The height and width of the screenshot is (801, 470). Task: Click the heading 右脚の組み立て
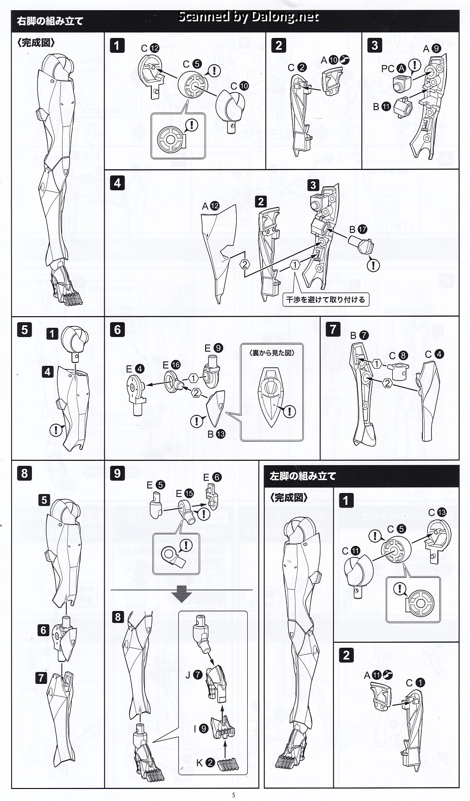(x=50, y=21)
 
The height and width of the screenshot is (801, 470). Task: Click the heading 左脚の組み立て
(x=303, y=476)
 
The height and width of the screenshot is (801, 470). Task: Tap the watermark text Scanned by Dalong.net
(x=249, y=17)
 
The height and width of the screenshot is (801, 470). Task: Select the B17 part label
(x=358, y=229)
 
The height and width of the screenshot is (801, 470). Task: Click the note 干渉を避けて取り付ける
(x=326, y=300)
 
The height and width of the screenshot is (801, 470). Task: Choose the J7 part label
(x=194, y=675)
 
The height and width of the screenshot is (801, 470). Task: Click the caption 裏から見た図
(x=272, y=352)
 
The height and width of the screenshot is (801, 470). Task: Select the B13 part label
(x=216, y=434)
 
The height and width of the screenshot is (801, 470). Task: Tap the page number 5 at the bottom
(x=234, y=795)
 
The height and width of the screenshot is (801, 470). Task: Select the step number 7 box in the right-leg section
(x=333, y=329)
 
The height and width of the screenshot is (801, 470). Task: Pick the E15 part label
(x=185, y=494)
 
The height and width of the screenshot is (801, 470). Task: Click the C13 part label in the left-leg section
(x=438, y=512)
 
